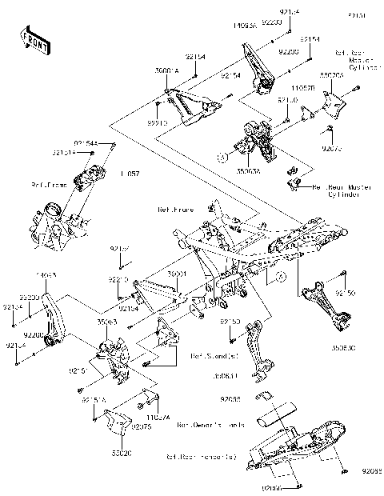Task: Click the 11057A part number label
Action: coord(156,416)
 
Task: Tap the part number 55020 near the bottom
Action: coord(121,452)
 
